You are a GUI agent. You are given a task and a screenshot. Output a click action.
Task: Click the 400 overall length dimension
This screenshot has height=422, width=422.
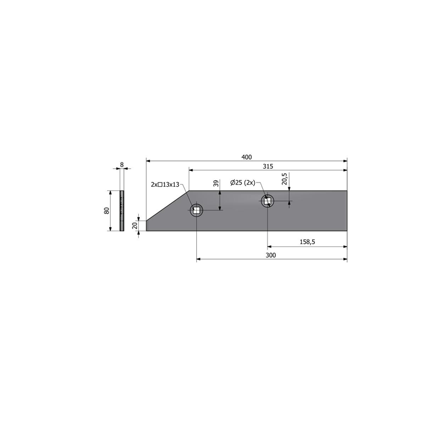click(x=246, y=157)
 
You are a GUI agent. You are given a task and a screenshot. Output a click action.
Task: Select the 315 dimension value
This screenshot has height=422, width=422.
click(x=268, y=166)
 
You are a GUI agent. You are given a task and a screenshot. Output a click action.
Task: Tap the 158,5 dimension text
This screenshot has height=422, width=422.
click(x=308, y=242)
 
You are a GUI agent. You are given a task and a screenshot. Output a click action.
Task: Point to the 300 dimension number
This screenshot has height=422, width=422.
click(x=271, y=255)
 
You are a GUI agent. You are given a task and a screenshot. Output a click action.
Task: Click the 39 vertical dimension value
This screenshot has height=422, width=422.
click(x=216, y=184)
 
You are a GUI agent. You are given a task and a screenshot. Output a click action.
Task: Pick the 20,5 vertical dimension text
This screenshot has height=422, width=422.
click(x=285, y=179)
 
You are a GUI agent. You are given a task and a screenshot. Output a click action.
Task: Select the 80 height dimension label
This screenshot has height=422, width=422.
click(x=107, y=210)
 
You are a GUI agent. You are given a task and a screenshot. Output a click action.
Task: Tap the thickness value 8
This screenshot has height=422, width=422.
click(x=122, y=165)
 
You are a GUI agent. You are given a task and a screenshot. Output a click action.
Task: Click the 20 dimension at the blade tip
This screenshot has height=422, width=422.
click(x=135, y=226)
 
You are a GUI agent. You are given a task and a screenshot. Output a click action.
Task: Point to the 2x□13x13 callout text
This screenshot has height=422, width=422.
click(x=165, y=185)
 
